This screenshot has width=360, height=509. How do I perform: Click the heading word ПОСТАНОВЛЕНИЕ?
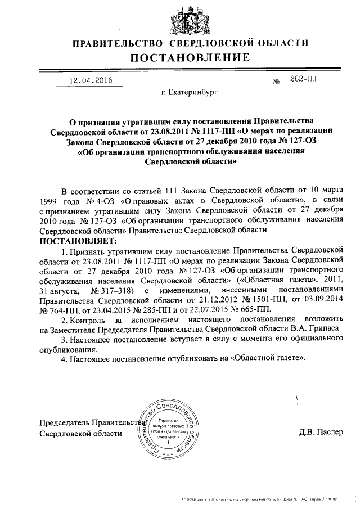[x=190, y=57]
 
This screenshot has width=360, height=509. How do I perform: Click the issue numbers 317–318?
[x=114, y=290]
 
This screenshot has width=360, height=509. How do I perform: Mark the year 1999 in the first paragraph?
[x=49, y=200]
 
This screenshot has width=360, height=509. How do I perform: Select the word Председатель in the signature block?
[x=64, y=422]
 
